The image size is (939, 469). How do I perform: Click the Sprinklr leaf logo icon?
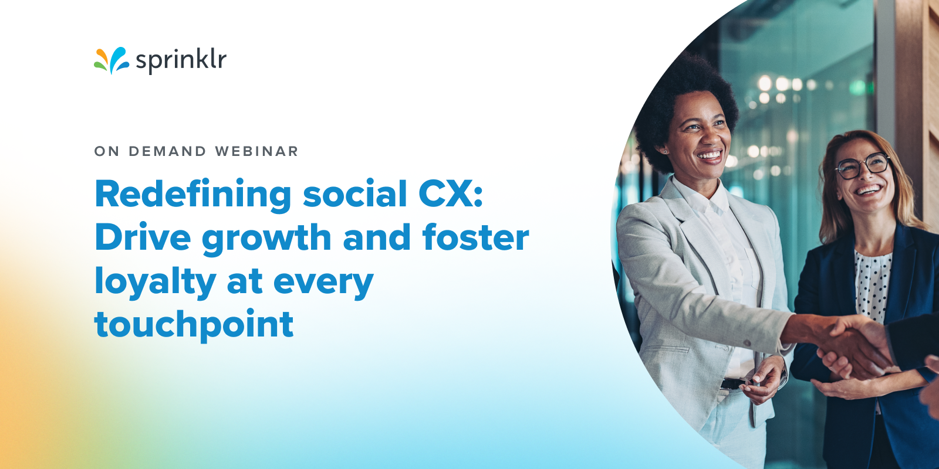(x=111, y=60)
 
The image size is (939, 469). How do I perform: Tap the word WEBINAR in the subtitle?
(x=256, y=151)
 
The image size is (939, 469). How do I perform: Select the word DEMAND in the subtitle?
(x=167, y=151)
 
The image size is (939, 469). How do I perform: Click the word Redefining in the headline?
(x=193, y=194)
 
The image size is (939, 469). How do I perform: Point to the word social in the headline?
(x=354, y=194)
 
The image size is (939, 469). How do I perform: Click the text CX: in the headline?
(x=451, y=194)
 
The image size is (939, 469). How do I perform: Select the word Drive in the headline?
(x=143, y=237)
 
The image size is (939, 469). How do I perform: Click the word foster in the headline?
(x=475, y=237)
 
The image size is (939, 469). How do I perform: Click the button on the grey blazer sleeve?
(x=747, y=342)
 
